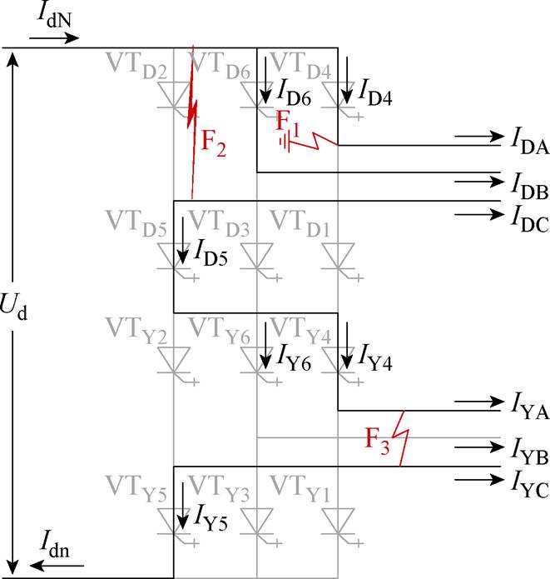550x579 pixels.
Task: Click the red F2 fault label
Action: (x=213, y=144)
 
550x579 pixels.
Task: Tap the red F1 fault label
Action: (x=288, y=124)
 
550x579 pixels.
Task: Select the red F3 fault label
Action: (x=377, y=441)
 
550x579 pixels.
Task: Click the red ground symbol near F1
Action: (x=285, y=142)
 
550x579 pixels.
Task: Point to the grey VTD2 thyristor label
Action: (x=136, y=66)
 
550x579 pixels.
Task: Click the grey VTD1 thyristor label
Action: (x=300, y=224)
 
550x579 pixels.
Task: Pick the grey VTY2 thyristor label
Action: (x=136, y=331)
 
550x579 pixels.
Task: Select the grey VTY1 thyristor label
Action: (x=300, y=489)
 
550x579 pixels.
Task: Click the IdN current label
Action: (x=55, y=17)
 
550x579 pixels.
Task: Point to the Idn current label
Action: (x=55, y=544)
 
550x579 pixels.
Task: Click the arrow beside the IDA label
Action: (x=479, y=137)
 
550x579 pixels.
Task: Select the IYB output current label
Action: (x=530, y=452)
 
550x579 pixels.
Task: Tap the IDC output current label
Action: (x=530, y=219)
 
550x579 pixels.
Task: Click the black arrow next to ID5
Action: (x=182, y=241)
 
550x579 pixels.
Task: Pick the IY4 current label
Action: (x=374, y=357)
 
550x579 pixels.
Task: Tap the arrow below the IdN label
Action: (x=54, y=38)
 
